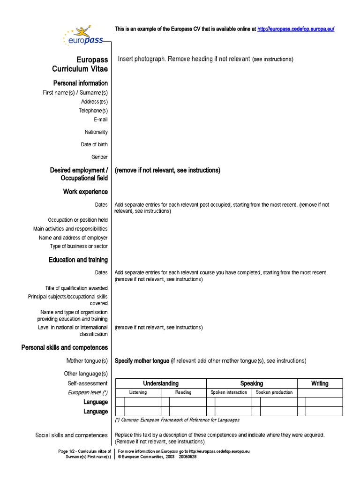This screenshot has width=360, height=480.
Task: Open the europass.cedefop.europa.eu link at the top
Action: click(295, 29)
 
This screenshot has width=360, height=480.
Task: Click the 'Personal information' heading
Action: click(80, 83)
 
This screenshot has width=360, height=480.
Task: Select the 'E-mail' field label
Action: click(100, 120)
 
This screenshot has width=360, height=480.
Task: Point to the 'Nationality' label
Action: click(96, 132)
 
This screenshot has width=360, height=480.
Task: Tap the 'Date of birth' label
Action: click(94, 145)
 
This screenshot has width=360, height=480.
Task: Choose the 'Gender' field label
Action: click(99, 157)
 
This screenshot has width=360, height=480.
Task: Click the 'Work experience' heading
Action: click(85, 192)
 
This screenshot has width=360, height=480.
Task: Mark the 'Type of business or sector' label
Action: click(79, 246)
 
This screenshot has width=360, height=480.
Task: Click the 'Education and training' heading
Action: click(78, 260)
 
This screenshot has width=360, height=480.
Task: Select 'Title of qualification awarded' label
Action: click(76, 288)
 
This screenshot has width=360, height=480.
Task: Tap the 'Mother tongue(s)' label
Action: click(87, 361)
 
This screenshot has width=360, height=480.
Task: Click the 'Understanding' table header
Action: click(161, 383)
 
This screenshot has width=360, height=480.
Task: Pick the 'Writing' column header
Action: click(320, 383)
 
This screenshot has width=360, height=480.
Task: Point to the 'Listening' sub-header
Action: click(138, 392)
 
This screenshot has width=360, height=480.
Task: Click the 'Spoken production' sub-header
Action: click(274, 392)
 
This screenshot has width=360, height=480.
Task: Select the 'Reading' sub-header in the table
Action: click(183, 392)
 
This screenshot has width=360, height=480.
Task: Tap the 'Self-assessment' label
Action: click(88, 383)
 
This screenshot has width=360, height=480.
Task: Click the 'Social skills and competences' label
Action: click(72, 435)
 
